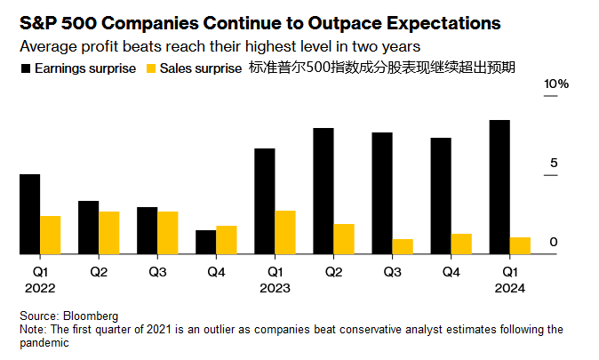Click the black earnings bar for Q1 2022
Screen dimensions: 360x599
click(29, 214)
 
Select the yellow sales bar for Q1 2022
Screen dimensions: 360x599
click(51, 235)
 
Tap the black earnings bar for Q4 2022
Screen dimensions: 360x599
click(205, 242)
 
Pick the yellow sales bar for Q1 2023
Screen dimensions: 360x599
click(285, 232)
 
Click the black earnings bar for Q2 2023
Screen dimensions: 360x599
click(323, 191)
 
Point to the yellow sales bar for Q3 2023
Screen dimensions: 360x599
click(403, 246)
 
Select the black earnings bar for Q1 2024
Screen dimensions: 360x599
click(499, 187)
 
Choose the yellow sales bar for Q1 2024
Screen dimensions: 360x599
click(521, 245)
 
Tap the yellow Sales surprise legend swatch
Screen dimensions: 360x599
click(151, 68)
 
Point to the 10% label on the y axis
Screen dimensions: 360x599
click(556, 84)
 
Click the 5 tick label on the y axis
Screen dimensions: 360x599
click(553, 163)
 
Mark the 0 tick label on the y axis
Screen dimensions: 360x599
click(553, 242)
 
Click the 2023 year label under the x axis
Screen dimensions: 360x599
click(276, 288)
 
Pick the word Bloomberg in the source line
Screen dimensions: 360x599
click(90, 316)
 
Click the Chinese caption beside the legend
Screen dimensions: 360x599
click(383, 68)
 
